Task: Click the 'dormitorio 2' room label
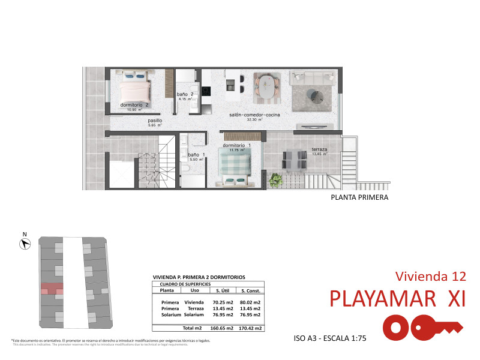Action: pos(134,104)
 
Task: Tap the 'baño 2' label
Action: pos(185,95)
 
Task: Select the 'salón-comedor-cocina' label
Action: pos(255,114)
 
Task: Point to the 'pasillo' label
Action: pos(155,120)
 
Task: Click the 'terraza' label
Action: pos(319,149)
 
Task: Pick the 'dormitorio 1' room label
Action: pos(236,145)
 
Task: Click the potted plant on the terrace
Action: pos(276,179)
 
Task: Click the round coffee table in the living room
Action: pos(315,94)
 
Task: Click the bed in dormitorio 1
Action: pos(236,165)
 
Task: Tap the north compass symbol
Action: pos(25,243)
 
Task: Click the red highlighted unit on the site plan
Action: pos(52,288)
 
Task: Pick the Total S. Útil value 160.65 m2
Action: pos(221,328)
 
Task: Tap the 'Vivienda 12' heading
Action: pos(431,276)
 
